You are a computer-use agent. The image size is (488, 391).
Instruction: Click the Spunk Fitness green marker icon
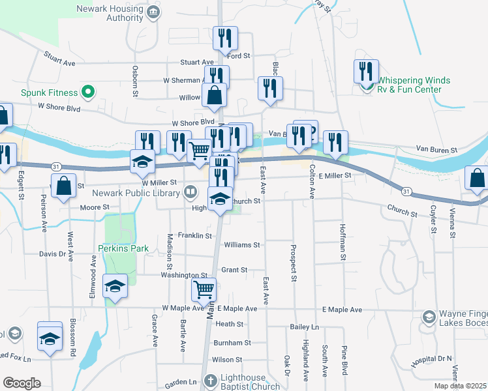[85, 92]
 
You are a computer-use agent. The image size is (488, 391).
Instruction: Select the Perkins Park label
[123, 248]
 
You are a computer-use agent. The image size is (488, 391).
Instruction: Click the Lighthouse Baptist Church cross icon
[210, 379]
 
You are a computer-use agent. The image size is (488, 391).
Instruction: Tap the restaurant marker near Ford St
[225, 38]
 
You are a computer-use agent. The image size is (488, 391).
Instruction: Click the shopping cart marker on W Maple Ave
[204, 289]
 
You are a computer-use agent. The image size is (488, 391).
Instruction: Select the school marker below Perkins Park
[115, 287]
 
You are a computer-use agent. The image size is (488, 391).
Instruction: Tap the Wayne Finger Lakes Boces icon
[429, 317]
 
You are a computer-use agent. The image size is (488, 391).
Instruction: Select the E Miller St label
[335, 175]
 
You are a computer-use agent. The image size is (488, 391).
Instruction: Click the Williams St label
[241, 245]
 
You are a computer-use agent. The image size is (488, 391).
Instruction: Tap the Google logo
[22, 383]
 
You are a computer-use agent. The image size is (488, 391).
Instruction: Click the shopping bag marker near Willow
[214, 95]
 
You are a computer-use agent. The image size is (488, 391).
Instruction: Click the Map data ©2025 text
[459, 386]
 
